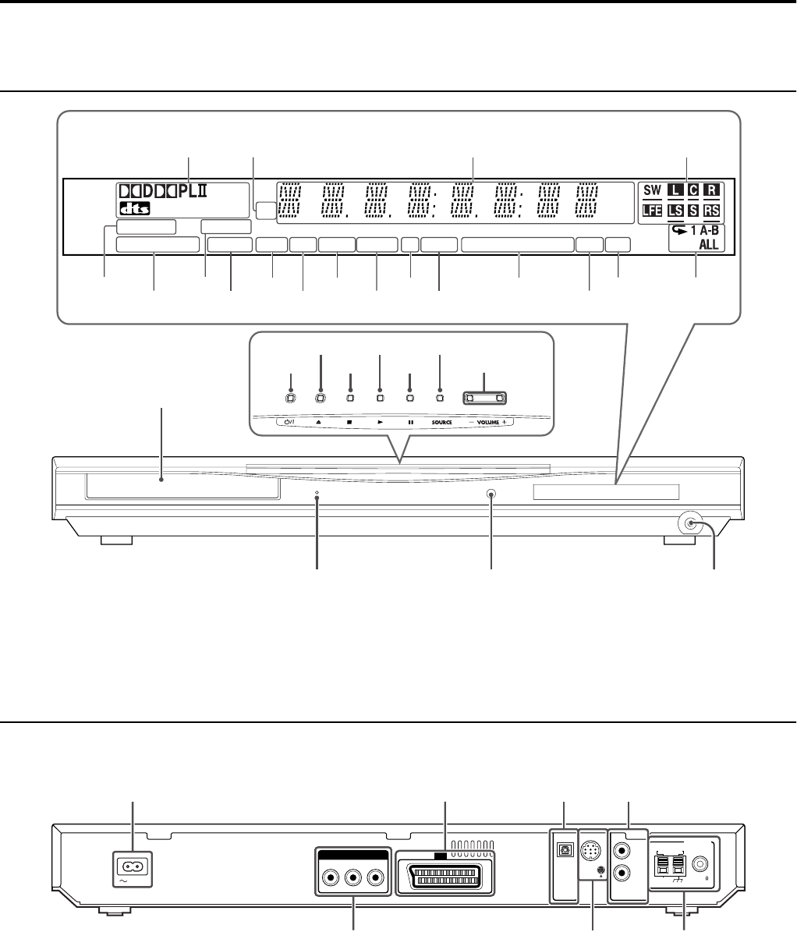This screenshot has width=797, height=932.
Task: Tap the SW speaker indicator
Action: pos(652,190)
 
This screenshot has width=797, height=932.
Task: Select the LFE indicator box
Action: pos(652,211)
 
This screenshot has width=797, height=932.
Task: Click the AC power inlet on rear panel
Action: pos(131,866)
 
